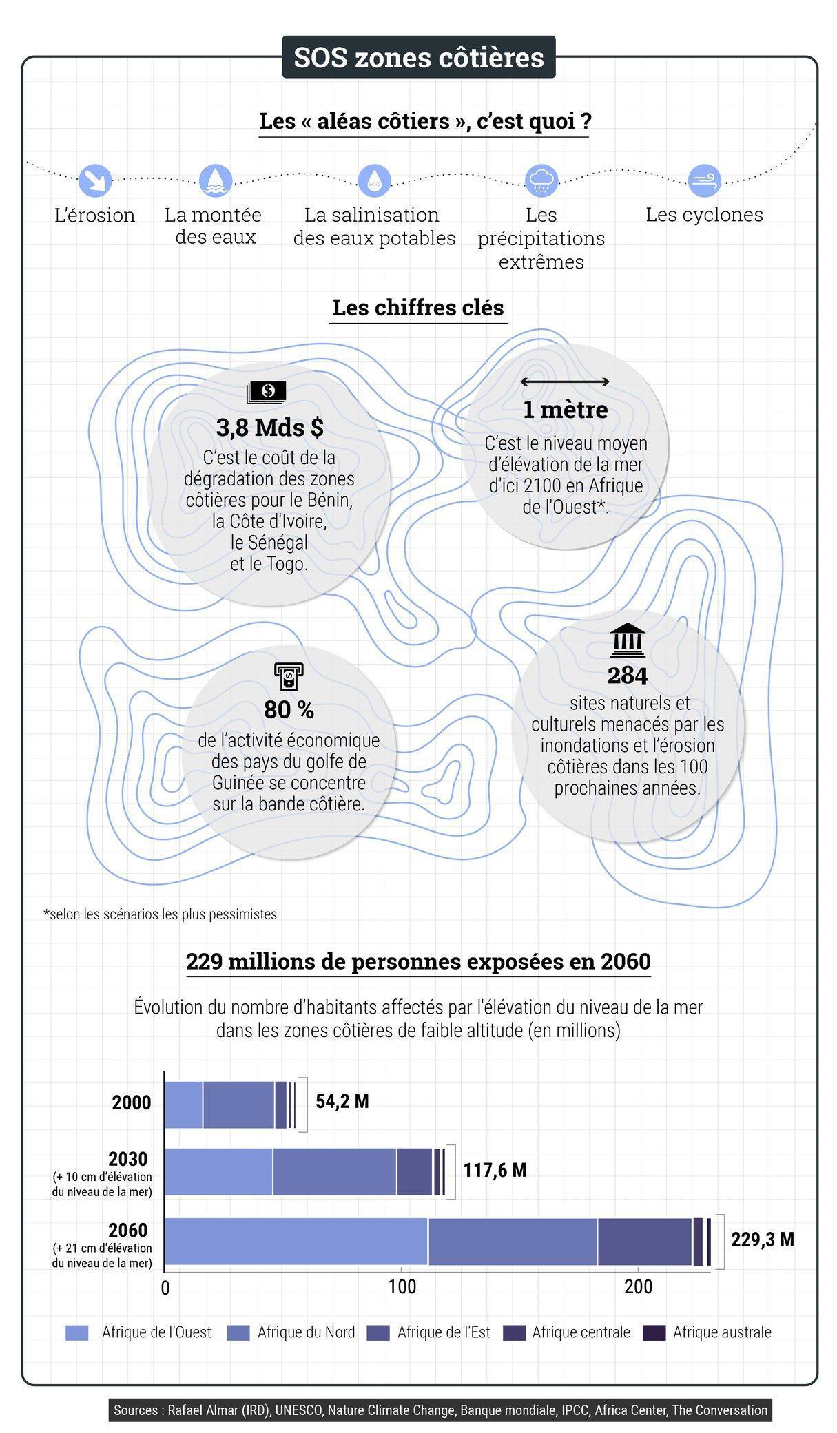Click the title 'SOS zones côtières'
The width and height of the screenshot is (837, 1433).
[x=418, y=57]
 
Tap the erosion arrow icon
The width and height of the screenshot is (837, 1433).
[x=95, y=180]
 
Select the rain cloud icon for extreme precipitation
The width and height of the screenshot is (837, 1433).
[x=541, y=180]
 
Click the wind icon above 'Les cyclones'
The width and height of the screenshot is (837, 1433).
[x=704, y=180]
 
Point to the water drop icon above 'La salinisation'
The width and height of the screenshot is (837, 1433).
[x=374, y=180]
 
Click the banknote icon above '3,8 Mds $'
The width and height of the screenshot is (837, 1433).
[x=267, y=392]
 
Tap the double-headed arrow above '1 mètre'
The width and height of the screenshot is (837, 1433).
[x=564, y=381]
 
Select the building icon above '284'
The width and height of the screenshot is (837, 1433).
[x=627, y=641]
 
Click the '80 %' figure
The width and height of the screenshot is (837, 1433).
[x=289, y=709]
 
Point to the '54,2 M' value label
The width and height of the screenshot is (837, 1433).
[x=342, y=1101]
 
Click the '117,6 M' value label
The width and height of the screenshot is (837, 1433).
[x=495, y=1170]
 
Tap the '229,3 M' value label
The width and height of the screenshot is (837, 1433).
[x=762, y=1240]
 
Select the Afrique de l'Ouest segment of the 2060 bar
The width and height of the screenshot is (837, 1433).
[x=296, y=1241]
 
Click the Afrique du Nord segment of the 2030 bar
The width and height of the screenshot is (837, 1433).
[x=334, y=1171]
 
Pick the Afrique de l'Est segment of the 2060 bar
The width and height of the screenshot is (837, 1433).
[x=644, y=1241]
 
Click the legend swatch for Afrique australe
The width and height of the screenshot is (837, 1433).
[x=654, y=1332]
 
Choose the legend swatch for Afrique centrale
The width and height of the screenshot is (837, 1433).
[x=515, y=1332]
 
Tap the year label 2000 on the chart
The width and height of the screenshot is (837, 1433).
[x=131, y=1102]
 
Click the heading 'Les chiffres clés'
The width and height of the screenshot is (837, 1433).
[x=418, y=308]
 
